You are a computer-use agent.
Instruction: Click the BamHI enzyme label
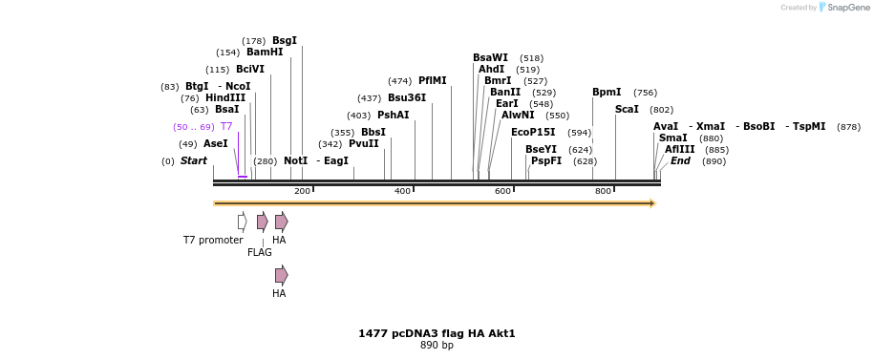(x=265, y=53)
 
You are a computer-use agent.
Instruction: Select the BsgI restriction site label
(x=285, y=40)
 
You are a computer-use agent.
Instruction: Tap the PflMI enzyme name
(x=433, y=81)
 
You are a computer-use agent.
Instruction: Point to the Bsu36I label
(x=407, y=98)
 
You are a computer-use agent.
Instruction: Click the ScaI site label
(x=627, y=110)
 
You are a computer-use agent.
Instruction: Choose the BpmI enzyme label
(x=607, y=93)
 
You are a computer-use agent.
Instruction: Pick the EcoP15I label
(x=533, y=133)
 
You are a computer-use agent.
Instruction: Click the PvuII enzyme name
(x=364, y=144)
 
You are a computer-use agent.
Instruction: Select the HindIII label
(x=225, y=98)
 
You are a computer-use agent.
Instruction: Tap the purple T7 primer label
(x=226, y=127)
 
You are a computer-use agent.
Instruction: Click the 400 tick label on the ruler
(x=402, y=192)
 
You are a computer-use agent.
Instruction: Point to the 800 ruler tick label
(x=603, y=192)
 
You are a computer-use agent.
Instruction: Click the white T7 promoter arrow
(x=243, y=222)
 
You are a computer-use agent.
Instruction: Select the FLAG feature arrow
(x=262, y=222)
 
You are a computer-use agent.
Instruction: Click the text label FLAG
(x=260, y=253)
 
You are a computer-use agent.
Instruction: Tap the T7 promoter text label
(x=213, y=241)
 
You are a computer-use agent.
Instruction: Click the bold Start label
(x=194, y=161)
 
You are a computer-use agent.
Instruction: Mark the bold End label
(x=680, y=161)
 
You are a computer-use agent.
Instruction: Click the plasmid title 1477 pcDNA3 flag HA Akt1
(x=437, y=334)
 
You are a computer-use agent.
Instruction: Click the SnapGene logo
(x=843, y=8)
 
